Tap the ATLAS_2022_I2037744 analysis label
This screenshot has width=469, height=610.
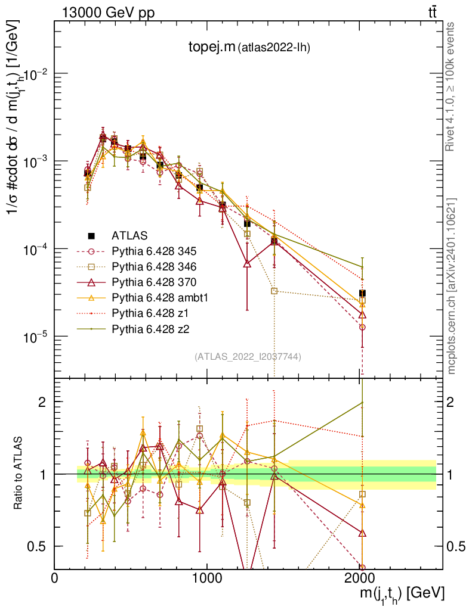(247, 357)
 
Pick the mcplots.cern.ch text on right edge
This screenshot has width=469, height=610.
(452, 286)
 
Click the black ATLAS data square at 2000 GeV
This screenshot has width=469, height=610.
(362, 293)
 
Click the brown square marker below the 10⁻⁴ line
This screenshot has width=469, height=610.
(274, 291)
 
